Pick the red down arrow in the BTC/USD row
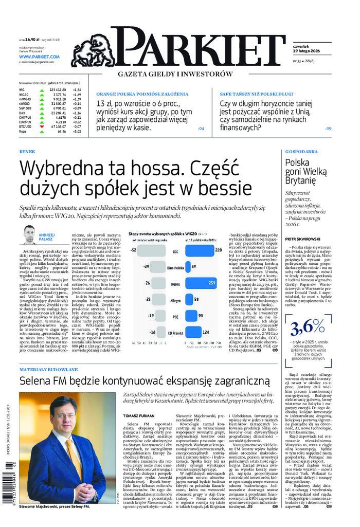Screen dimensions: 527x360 41,126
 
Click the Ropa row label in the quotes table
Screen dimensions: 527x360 22,131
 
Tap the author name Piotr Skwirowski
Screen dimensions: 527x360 304,239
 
